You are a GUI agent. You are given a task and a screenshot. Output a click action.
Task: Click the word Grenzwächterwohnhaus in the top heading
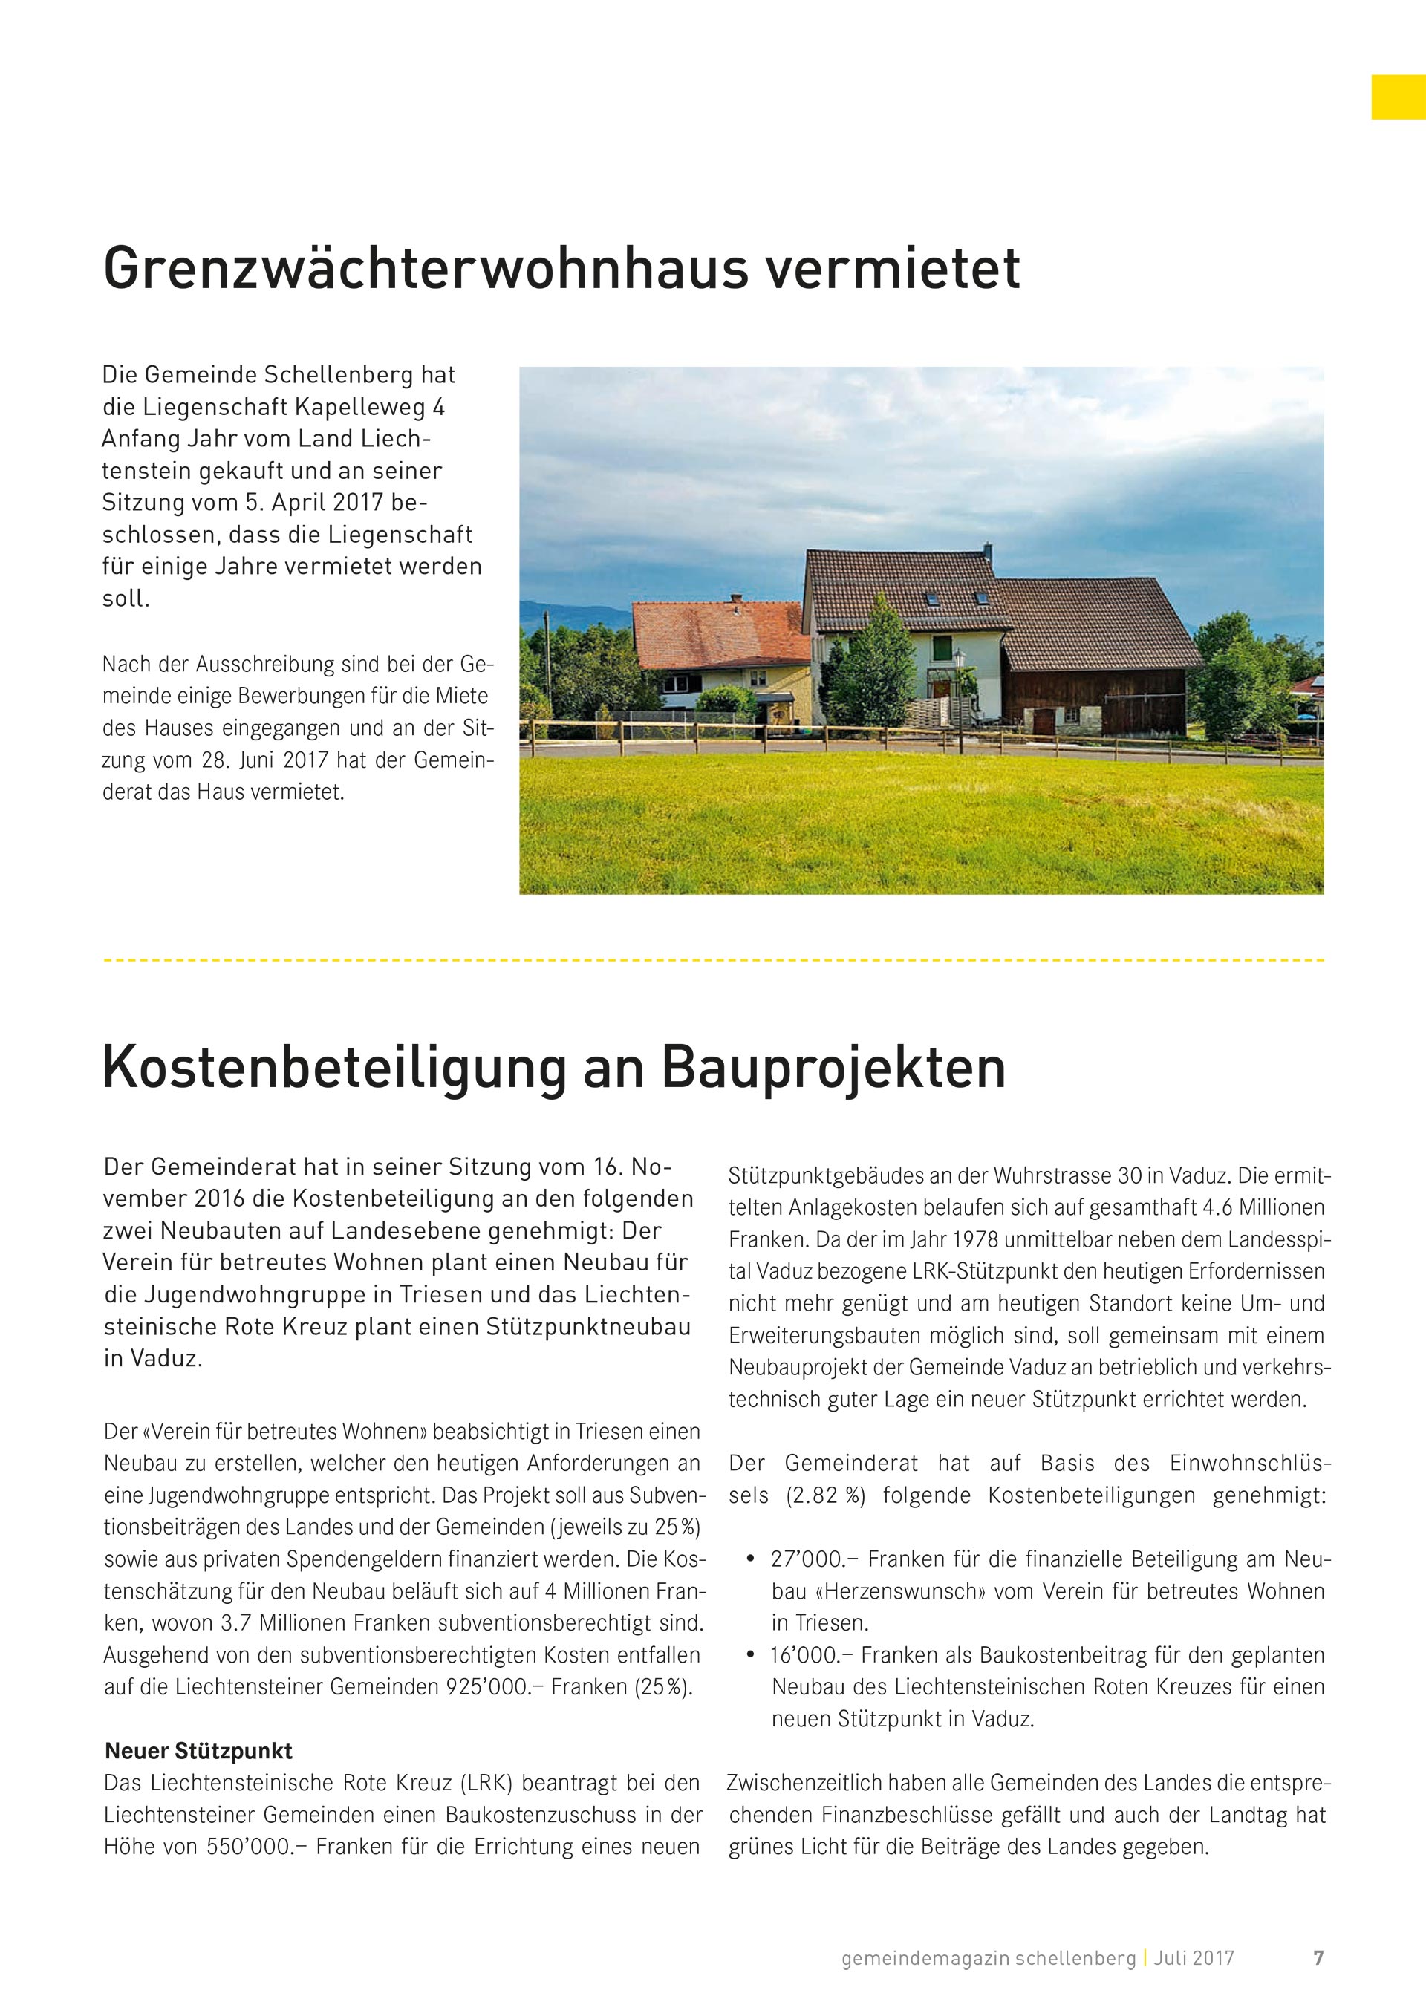pos(425,268)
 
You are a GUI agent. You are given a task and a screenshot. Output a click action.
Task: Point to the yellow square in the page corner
pos(1398,97)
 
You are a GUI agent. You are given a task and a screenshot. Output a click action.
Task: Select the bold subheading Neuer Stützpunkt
pos(198,1751)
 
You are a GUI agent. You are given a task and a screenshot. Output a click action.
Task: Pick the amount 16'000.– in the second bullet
pos(805,1655)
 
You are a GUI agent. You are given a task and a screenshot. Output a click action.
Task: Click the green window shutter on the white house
pos(941,649)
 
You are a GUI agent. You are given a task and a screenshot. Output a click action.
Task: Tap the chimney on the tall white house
pos(988,552)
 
